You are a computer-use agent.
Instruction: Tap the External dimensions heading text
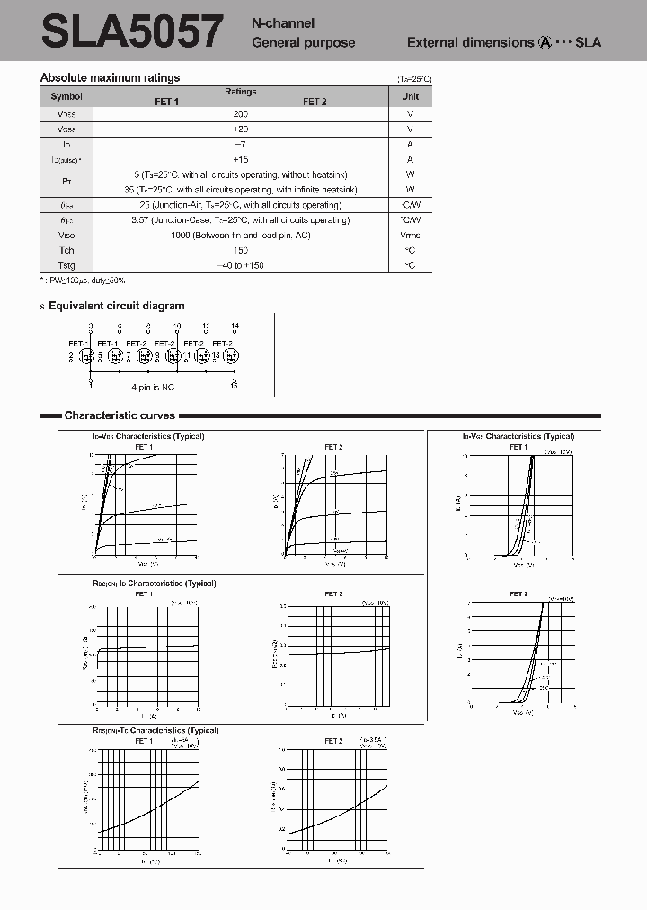pos(470,42)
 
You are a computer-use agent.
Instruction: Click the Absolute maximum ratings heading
pos(110,78)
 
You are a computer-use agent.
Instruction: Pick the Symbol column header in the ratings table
pos(66,96)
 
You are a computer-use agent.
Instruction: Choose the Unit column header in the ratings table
pos(410,96)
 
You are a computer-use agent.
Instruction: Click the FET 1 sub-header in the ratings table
pos(166,102)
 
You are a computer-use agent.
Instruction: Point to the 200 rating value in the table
pos(240,114)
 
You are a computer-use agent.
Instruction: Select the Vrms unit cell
pos(410,236)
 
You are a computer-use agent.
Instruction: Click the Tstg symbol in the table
pos(66,265)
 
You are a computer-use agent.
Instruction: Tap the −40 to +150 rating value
pos(240,265)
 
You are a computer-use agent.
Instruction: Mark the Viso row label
pos(66,236)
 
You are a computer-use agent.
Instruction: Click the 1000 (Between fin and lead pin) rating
pos(240,236)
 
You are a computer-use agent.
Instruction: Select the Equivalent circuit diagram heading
pos(116,307)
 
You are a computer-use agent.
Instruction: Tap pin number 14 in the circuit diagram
pos(235,326)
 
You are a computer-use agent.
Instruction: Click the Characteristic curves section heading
pos(120,415)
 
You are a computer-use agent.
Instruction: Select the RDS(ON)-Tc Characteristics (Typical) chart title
pos(155,731)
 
